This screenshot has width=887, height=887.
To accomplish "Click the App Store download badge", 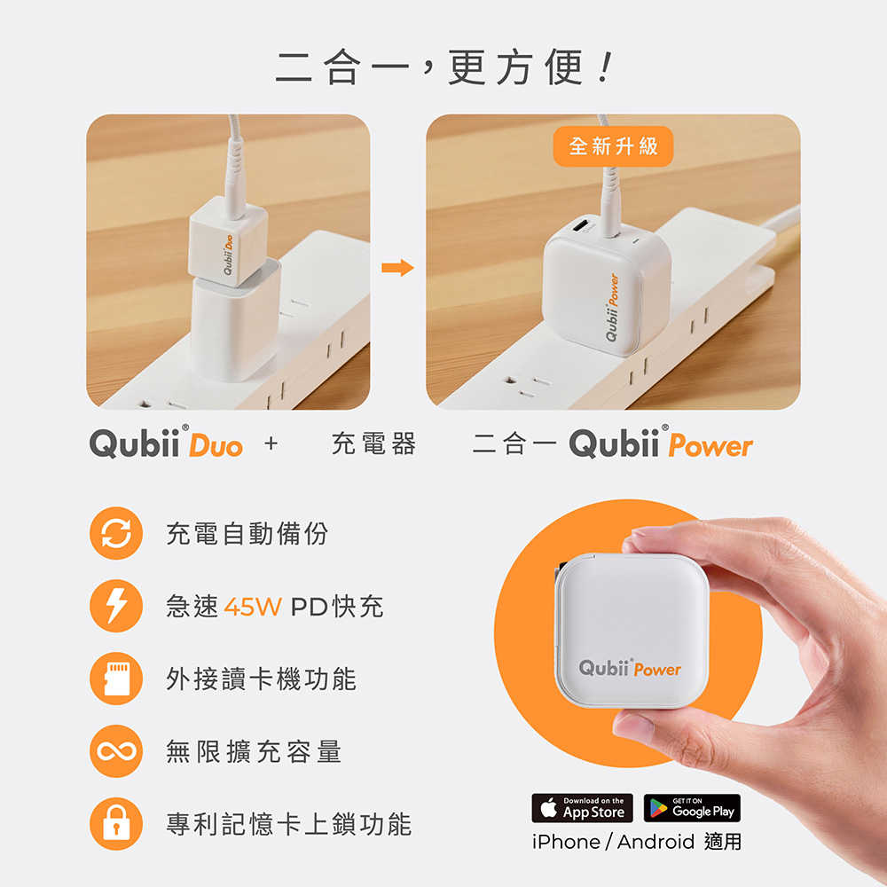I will (x=582, y=808).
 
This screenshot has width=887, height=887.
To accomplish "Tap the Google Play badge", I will (x=692, y=808).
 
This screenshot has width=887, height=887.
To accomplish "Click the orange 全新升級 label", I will (x=613, y=145).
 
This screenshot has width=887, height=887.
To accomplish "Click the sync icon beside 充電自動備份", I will (x=116, y=533).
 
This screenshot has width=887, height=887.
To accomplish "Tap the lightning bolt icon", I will (x=116, y=607).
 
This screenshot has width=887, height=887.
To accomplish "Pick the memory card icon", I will (x=116, y=679).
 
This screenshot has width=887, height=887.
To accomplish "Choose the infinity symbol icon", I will (x=116, y=752).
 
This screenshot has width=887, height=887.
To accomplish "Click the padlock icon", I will (x=116, y=825).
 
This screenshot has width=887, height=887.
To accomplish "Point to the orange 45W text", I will (x=253, y=608).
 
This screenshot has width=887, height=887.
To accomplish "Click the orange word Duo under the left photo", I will (x=216, y=445).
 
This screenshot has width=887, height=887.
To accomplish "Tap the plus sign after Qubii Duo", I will (x=271, y=444).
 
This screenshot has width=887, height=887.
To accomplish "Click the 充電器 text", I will (x=373, y=444).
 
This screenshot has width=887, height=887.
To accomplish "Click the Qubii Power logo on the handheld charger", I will (x=630, y=668).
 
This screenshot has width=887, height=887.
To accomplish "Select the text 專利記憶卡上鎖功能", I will (x=289, y=825).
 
